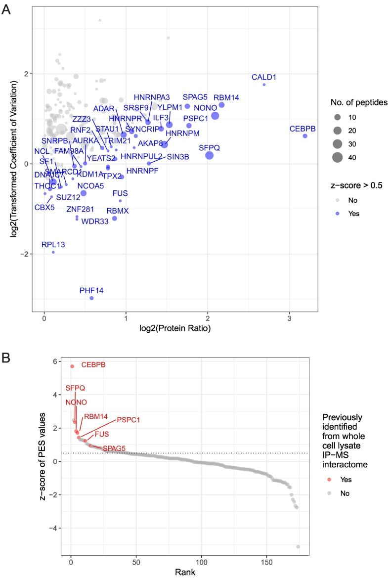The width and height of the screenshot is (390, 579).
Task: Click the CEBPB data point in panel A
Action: click(305, 136)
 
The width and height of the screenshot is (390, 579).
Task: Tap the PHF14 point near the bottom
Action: click(91, 298)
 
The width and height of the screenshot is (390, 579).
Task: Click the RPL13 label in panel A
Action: click(53, 244)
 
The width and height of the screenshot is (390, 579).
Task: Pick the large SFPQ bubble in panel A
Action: click(209, 155)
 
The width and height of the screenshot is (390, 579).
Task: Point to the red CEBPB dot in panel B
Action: click(72, 366)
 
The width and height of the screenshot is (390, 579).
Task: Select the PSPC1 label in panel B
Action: click(129, 420)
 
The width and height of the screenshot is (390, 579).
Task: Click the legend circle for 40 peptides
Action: click(338, 158)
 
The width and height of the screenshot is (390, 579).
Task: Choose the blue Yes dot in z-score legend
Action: click(338, 214)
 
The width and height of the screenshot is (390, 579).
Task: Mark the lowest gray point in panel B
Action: click(298, 546)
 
